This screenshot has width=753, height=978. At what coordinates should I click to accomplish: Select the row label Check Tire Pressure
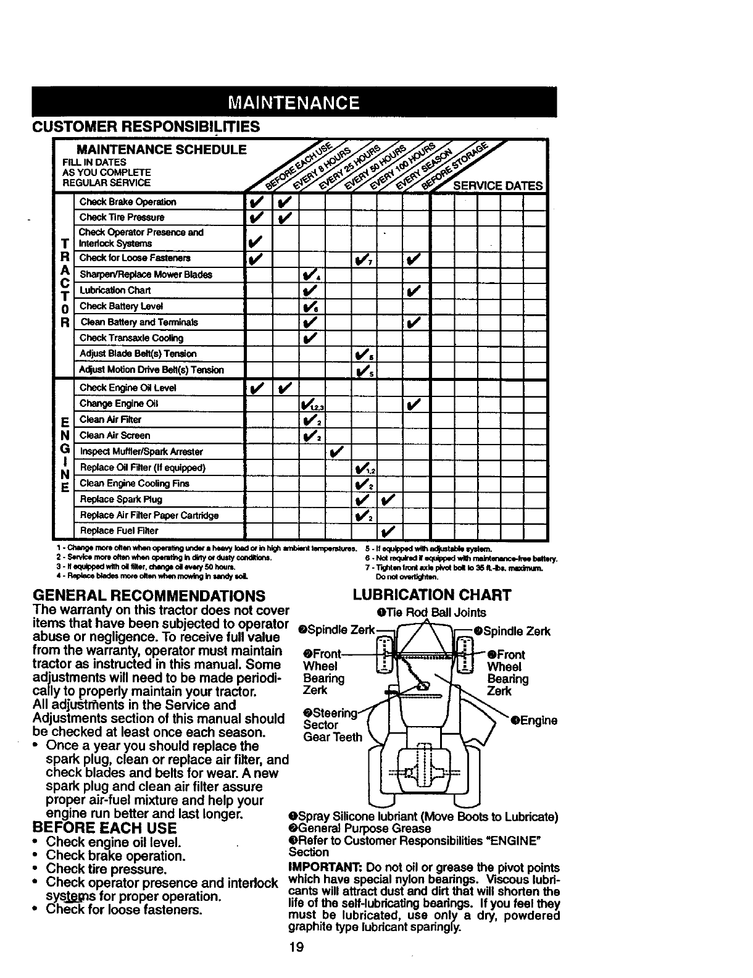coord(122,217)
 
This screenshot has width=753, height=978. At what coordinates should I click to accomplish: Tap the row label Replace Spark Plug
coord(121,499)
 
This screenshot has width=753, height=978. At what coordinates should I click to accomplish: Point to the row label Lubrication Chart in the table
coord(115,290)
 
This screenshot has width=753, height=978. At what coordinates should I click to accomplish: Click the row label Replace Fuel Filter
coord(119,531)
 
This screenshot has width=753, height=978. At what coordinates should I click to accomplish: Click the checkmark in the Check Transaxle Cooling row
coord(309,338)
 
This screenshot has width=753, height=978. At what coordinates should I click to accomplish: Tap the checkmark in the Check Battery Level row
coord(310,307)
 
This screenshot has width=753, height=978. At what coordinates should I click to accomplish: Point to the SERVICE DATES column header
coord(497,186)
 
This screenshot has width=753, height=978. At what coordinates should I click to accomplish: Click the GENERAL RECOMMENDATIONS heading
coord(148,596)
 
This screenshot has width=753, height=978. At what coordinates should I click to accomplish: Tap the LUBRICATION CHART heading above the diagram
coord(432,595)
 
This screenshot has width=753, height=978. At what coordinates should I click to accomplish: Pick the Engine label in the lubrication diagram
coord(535,721)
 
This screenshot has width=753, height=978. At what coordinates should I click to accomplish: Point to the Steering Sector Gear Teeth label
coord(332,725)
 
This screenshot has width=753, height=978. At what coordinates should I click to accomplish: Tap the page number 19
coord(296,947)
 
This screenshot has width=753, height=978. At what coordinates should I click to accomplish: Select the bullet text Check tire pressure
coord(107,869)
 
